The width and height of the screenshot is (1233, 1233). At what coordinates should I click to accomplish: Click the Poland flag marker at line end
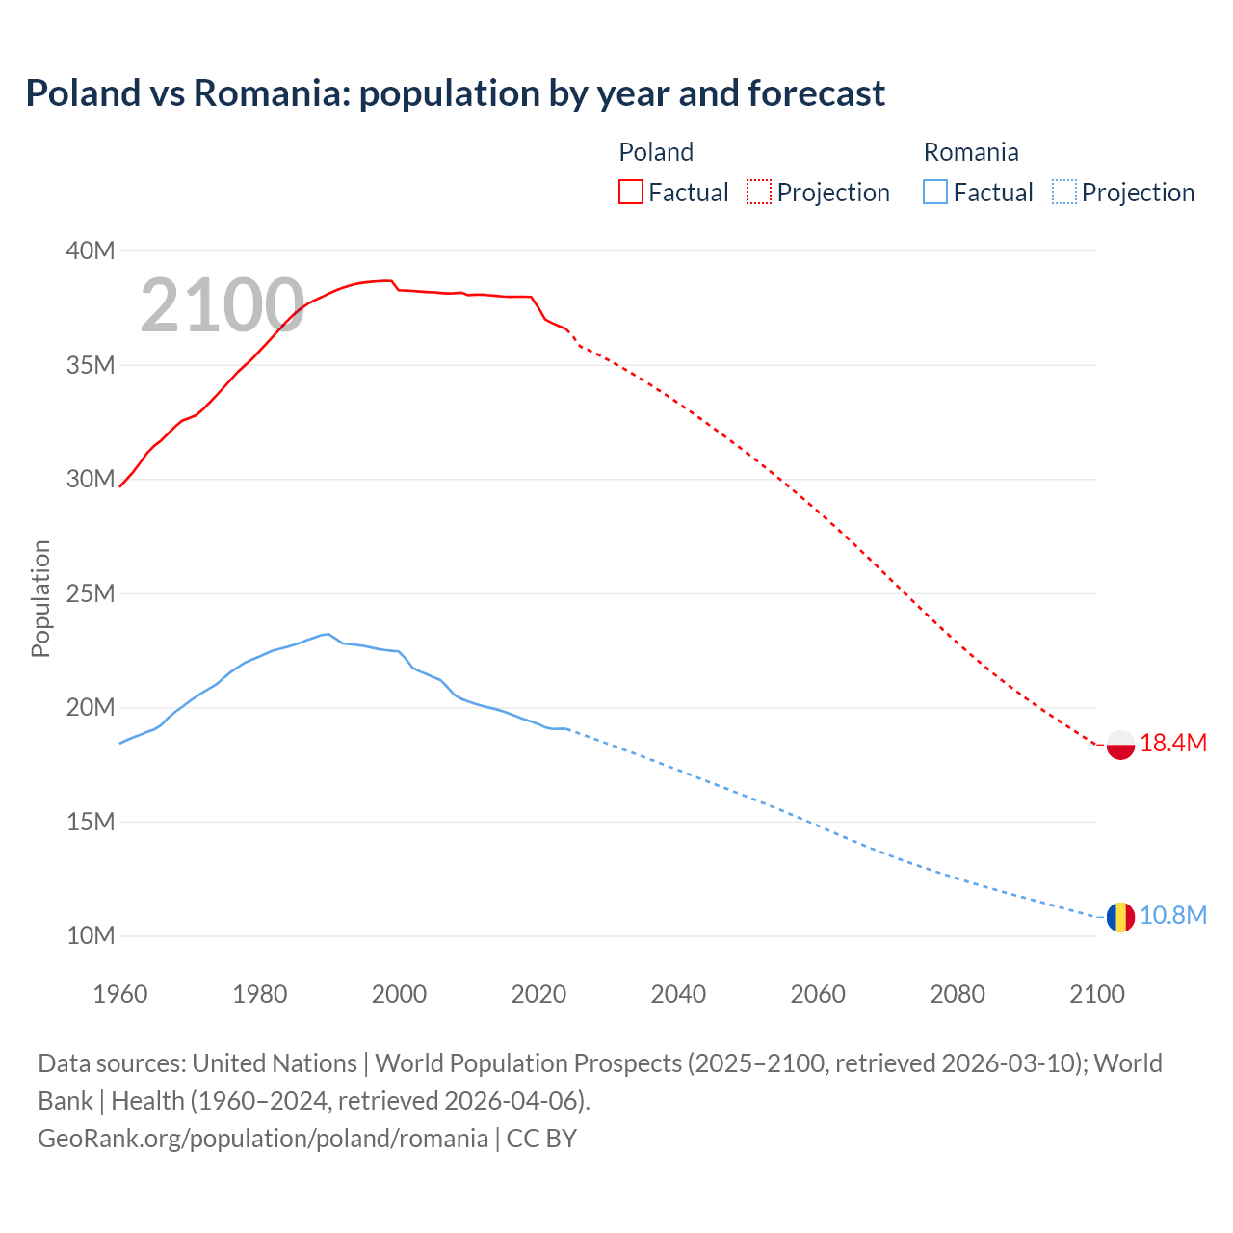pyautogui.click(x=1120, y=745)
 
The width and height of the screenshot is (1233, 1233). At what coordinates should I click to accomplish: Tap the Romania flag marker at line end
pyautogui.click(x=1120, y=917)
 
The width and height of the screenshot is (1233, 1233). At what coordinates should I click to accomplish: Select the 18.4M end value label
pyautogui.click(x=1173, y=743)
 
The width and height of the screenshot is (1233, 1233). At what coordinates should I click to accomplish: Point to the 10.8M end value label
pyautogui.click(x=1173, y=915)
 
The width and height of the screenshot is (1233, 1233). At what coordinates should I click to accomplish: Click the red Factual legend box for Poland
pyautogui.click(x=630, y=192)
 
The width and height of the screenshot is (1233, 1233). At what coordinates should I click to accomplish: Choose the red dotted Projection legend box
pyautogui.click(x=759, y=192)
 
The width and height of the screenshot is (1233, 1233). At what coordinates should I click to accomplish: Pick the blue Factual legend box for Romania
pyautogui.click(x=934, y=192)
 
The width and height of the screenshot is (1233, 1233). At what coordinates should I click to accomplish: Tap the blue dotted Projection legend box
pyautogui.click(x=1063, y=192)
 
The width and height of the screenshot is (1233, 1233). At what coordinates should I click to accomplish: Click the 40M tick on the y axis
pyautogui.click(x=91, y=251)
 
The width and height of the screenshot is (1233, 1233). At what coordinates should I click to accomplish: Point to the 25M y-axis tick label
pyautogui.click(x=91, y=593)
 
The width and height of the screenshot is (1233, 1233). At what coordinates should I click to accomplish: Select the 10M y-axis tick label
pyautogui.click(x=91, y=935)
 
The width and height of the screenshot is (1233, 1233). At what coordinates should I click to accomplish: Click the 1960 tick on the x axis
pyautogui.click(x=120, y=994)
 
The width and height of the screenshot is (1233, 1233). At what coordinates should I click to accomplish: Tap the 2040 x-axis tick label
pyautogui.click(x=678, y=994)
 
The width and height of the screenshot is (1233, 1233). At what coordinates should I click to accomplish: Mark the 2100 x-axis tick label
pyautogui.click(x=1096, y=994)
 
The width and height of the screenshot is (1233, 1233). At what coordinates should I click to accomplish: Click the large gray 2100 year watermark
pyautogui.click(x=223, y=305)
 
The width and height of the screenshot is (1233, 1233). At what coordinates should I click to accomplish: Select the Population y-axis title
pyautogui.click(x=40, y=598)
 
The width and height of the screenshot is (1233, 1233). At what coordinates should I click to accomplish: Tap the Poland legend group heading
pyautogui.click(x=656, y=152)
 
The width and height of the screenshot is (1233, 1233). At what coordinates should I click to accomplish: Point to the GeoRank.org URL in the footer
pyautogui.click(x=263, y=1138)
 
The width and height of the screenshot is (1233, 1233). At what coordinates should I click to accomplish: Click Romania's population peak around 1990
pyautogui.click(x=328, y=634)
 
